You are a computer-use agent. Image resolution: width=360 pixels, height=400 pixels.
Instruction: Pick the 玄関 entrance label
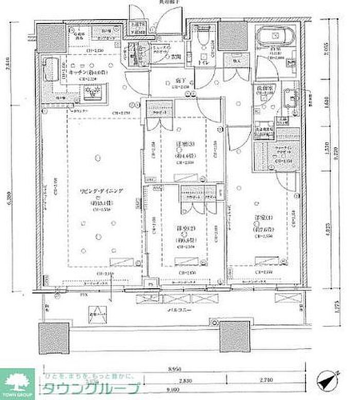pyautogui.click(x=175, y=56)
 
